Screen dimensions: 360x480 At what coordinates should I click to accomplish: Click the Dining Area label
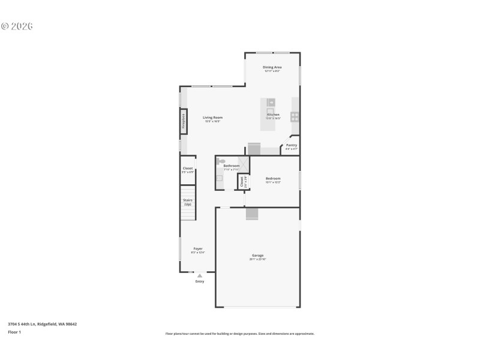[272, 67]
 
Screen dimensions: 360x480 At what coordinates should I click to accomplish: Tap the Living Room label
[212, 118]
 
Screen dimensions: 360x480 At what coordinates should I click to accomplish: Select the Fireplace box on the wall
[184, 121]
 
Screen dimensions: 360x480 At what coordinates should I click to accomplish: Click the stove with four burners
[295, 116]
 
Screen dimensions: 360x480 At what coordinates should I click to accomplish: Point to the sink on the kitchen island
[271, 102]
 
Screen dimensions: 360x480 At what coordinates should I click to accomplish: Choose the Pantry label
[292, 145]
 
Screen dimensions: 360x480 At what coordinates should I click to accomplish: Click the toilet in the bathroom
[221, 162]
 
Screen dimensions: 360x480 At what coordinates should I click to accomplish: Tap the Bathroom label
[232, 166]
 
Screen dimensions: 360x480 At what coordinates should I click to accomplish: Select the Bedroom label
[274, 178]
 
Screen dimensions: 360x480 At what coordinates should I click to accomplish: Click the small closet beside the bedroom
[242, 182]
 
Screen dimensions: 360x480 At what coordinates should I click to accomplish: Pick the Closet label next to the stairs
[188, 169]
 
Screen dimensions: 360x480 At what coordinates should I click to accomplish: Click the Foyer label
[198, 248]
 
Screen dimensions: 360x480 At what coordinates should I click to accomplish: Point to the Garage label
[257, 256]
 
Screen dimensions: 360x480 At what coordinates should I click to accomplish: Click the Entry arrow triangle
[200, 275]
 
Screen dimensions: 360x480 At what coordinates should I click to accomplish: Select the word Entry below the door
[200, 281]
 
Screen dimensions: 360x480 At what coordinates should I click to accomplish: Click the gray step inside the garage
[252, 213]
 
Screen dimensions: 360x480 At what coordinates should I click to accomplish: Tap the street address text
[42, 324]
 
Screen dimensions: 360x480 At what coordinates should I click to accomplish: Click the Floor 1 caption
[14, 332]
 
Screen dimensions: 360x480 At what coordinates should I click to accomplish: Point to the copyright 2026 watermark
[17, 26]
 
